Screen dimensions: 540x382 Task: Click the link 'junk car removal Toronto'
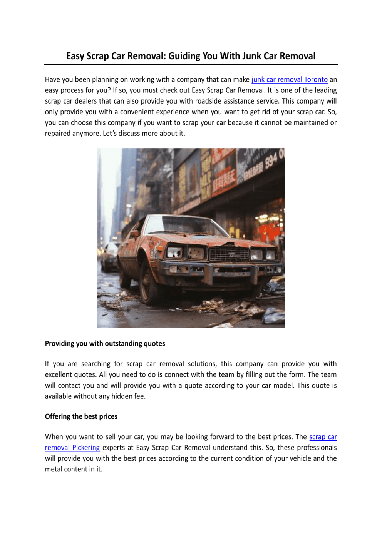click(289, 80)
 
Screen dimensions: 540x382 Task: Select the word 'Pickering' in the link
click(86, 448)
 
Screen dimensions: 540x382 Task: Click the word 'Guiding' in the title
click(184, 56)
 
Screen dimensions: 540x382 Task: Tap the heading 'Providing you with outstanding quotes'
click(105, 343)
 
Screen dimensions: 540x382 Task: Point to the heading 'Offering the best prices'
click(81, 416)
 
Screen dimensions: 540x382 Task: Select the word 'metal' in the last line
click(54, 469)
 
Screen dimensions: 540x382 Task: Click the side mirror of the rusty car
click(134, 234)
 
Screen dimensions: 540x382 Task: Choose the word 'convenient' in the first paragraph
click(138, 112)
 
